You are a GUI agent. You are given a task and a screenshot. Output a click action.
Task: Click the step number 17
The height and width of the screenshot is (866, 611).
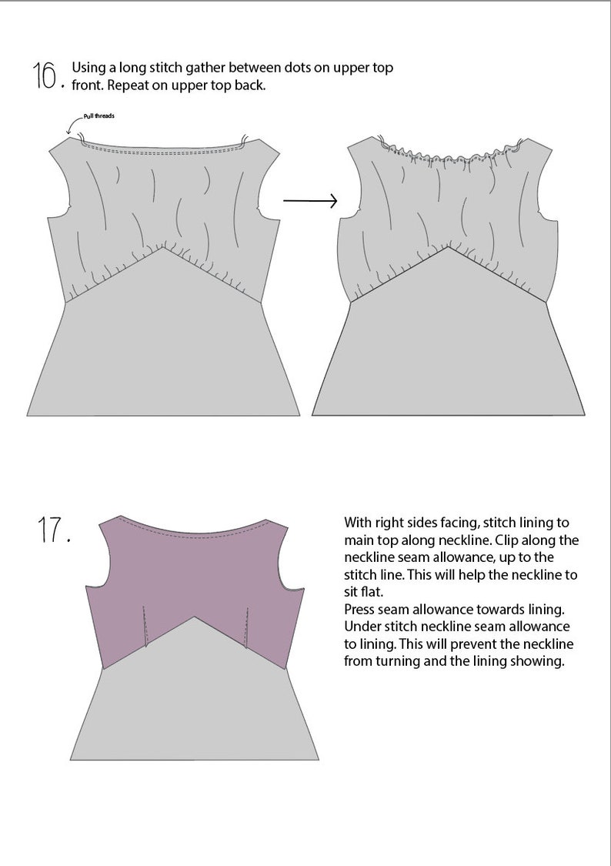(53, 530)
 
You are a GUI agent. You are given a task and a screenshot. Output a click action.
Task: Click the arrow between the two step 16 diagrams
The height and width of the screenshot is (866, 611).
(310, 201)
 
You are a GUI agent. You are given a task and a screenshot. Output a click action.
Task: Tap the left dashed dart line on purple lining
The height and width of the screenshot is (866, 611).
(144, 625)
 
